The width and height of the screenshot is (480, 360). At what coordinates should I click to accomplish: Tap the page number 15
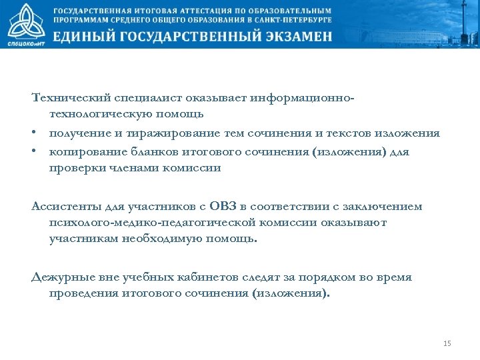pos(447,343)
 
